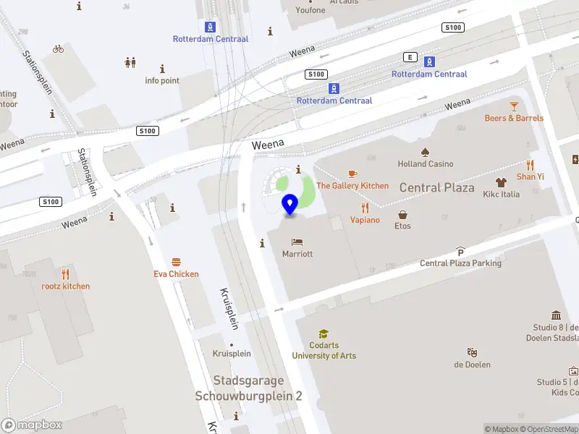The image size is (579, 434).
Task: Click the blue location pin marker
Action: point(290,204)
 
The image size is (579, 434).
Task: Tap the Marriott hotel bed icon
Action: point(297,242)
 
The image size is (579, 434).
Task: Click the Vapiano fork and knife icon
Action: point(365,207)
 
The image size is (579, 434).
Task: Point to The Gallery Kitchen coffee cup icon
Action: point(352,174)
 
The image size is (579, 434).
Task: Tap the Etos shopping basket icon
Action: point(402,214)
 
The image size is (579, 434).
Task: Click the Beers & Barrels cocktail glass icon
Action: point(514,106)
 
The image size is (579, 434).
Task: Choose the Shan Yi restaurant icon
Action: point(530,164)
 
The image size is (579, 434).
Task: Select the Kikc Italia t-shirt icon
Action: point(501,182)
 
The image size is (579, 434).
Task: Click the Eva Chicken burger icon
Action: point(176,262)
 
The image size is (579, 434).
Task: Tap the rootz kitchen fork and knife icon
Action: point(65,273)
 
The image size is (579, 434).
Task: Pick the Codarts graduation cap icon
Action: point(324,333)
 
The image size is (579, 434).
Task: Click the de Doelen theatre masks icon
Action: point(472,352)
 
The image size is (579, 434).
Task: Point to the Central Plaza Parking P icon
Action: point(460,251)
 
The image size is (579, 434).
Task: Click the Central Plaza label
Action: point(436,188)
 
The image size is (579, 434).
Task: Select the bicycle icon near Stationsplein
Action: point(58,49)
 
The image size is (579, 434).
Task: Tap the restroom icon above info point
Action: point(130,62)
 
